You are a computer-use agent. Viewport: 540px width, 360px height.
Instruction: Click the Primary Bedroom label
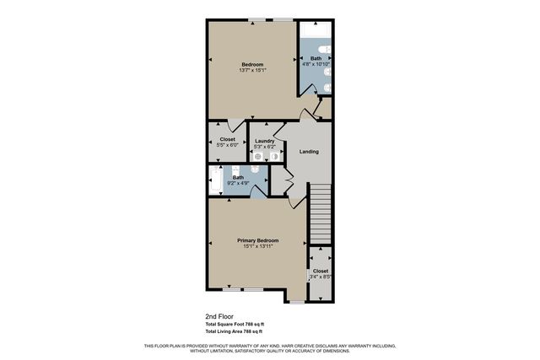257,240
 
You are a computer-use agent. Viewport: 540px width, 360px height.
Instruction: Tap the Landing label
309,152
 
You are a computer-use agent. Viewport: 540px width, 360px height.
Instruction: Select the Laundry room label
266,140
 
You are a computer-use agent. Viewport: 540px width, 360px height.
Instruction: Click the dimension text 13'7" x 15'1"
252,71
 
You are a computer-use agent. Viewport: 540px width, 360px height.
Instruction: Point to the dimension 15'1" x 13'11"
257,247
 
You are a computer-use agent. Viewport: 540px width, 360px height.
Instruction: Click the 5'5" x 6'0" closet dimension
227,147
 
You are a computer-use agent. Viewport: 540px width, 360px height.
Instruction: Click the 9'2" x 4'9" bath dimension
239,183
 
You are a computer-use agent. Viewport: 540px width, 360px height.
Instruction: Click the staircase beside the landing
321,214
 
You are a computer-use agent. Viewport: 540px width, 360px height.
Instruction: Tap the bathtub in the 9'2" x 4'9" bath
214,180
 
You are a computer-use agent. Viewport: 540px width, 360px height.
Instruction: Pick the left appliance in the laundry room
257,157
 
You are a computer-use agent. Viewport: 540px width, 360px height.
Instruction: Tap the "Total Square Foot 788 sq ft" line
235,325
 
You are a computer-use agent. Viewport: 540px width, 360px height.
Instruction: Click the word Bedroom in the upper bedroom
252,65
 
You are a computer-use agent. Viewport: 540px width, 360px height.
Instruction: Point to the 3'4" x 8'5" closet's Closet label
321,271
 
